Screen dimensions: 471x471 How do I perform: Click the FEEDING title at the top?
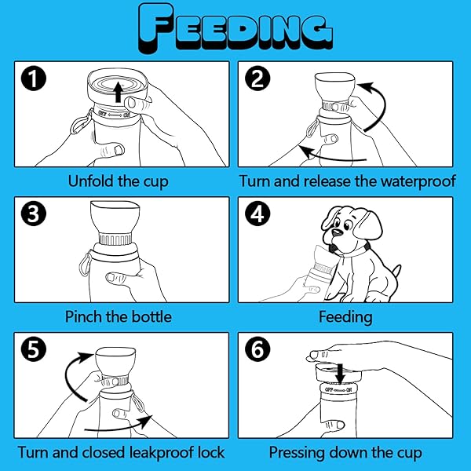235,29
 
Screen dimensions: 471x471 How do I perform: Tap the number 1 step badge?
34,78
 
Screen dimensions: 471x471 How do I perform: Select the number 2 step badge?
257,78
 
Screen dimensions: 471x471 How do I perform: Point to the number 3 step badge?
34,214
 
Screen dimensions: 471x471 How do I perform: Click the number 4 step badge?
257,214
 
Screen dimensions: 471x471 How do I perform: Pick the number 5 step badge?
34,349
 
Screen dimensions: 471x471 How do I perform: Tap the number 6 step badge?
257,349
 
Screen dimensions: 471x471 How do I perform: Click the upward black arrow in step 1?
119,92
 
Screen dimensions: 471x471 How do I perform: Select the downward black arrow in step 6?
341,374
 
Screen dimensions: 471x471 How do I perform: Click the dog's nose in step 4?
337,232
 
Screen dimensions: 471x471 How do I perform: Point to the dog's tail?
396,272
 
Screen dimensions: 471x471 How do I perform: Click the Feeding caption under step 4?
345,317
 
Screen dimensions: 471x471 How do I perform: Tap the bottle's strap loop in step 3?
86,264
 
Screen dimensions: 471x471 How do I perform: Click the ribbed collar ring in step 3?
115,239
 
